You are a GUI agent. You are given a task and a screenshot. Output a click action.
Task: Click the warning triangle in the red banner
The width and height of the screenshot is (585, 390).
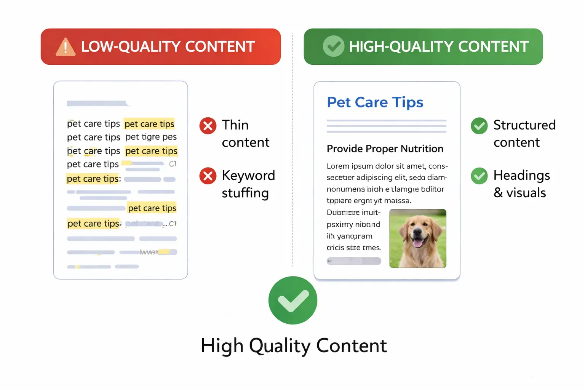[66, 48]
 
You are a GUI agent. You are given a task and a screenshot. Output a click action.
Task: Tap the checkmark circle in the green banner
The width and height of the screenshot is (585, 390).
[333, 46]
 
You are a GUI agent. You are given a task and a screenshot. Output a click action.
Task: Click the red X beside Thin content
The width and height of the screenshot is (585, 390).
[208, 126]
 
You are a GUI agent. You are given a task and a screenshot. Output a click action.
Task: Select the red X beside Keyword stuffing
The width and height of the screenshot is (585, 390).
[208, 176]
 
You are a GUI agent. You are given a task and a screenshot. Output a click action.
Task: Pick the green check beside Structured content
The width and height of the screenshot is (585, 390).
[479, 126]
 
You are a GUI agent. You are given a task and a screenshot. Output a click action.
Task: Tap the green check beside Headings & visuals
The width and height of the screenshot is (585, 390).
[479, 176]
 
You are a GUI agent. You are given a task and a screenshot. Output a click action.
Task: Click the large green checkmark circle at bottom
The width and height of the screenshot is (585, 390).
[292, 300]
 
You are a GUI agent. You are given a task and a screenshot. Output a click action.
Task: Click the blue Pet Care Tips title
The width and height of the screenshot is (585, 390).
[375, 102]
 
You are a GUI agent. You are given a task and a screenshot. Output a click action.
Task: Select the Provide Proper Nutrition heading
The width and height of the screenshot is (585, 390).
[385, 149]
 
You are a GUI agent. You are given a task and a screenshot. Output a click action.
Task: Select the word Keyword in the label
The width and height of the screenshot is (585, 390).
[248, 176]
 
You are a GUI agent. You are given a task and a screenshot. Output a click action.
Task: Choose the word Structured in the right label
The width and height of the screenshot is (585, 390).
[524, 125]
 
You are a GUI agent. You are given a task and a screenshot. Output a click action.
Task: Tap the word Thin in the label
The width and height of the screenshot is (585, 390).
[235, 125]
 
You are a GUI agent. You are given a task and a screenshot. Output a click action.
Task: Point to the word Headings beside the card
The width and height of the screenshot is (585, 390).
[521, 176]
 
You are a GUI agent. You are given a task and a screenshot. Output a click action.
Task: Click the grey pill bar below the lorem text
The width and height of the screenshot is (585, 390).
[354, 261]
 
